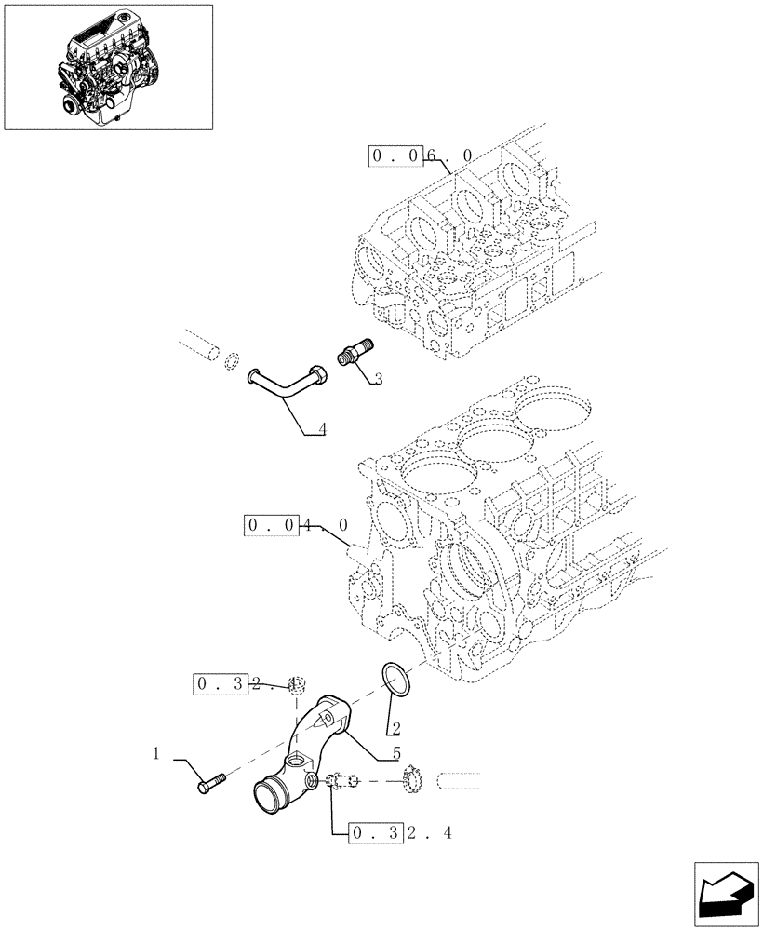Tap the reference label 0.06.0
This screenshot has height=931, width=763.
coord(422,156)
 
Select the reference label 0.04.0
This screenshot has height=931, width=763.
coord(296,526)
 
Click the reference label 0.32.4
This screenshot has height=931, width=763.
coord(399,833)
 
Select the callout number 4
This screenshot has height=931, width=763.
coord(321,429)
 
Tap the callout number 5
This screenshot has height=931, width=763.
coord(397,752)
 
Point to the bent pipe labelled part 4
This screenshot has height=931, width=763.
coord(284,384)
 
